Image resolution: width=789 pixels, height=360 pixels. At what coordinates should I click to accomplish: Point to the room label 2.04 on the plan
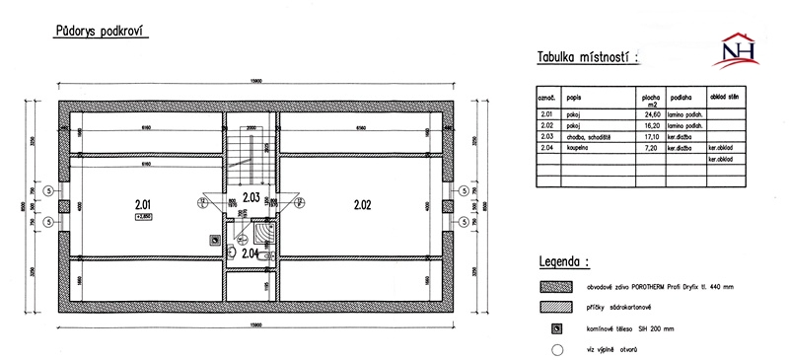pyautogui.click(x=251, y=253)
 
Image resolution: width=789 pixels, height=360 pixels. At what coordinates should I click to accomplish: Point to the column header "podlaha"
pyautogui.click(x=680, y=99)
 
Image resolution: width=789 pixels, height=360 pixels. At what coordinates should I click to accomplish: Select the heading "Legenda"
pyautogui.click(x=564, y=263)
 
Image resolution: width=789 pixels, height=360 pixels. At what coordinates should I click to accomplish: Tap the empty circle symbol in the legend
pyautogui.click(x=557, y=347)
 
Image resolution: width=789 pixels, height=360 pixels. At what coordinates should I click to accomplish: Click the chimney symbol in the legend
pyautogui.click(x=557, y=327)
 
